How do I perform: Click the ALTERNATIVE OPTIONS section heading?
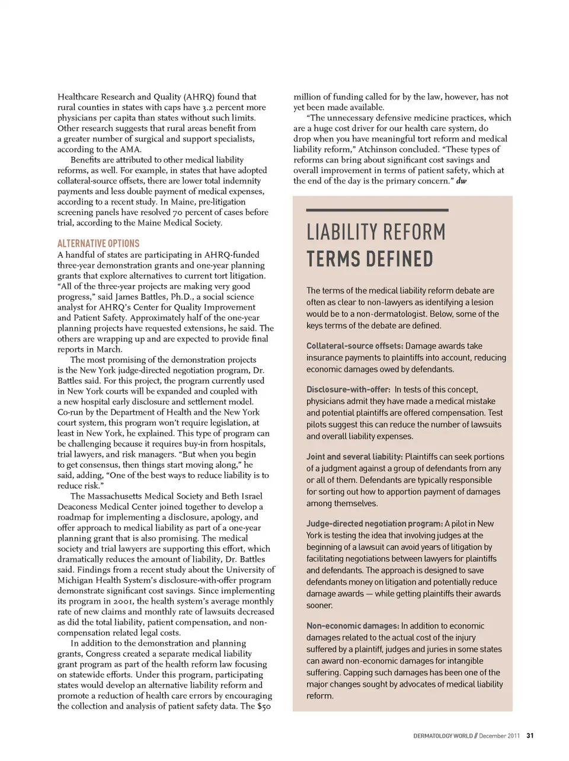pos(98,244)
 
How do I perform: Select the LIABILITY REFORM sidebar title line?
pos(376,232)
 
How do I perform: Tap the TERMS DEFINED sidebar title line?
pos(370,259)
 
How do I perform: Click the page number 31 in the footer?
pos(530,736)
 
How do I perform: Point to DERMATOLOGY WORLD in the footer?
pos(443,736)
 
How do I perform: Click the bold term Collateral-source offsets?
pos(354,346)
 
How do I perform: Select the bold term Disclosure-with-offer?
pos(348,389)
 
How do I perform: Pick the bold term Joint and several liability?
pos(354,457)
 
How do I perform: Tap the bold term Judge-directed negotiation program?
pos(374,524)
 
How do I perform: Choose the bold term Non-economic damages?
pos(353,626)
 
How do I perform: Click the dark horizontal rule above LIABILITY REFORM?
pos(377,210)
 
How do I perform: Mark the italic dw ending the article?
pos(461,181)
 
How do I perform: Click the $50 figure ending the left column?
pos(264,706)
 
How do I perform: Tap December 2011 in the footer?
pos(499,736)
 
